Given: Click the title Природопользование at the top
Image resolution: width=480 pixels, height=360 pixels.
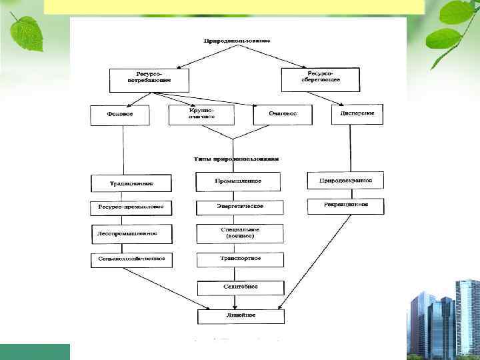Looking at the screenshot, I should pyautogui.click(x=237, y=41).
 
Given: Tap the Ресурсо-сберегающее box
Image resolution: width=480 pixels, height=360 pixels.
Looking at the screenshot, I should pyautogui.click(x=320, y=79).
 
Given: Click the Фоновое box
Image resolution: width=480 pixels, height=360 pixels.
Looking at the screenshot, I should pyautogui.click(x=120, y=114).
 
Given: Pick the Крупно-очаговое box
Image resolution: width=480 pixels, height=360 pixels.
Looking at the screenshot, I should pyautogui.click(x=201, y=114).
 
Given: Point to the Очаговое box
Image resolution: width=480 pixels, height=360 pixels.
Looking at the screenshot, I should pyautogui.click(x=283, y=114).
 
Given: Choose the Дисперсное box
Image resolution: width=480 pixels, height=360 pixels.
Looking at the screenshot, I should pyautogui.click(x=358, y=114).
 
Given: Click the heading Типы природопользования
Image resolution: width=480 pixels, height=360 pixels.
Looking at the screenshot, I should pyautogui.click(x=237, y=159).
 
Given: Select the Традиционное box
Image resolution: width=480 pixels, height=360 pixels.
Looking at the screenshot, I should pyautogui.click(x=131, y=183).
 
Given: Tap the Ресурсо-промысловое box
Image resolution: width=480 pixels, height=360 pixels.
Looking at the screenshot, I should pyautogui.click(x=131, y=207).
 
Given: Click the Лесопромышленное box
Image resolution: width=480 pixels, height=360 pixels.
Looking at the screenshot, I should pyautogui.click(x=131, y=234).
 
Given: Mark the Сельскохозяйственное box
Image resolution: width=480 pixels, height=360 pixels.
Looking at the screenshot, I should pyautogui.click(x=131, y=258).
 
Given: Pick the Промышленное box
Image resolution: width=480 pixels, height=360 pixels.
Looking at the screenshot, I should pyautogui.click(x=238, y=181).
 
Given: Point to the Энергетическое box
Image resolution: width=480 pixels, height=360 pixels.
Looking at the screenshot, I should pyautogui.click(x=239, y=207).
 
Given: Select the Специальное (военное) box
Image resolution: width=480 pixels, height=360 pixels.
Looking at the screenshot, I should pyautogui.click(x=239, y=233).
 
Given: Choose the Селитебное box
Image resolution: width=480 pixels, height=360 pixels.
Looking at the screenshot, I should pyautogui.click(x=240, y=287).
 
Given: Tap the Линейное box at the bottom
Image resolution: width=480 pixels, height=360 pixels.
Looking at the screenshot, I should pyautogui.click(x=240, y=315).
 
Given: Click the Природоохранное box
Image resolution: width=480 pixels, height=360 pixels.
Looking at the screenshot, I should pyautogui.click(x=345, y=180).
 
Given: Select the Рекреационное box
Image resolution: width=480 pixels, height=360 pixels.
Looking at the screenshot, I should pyautogui.click(x=345, y=206).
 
